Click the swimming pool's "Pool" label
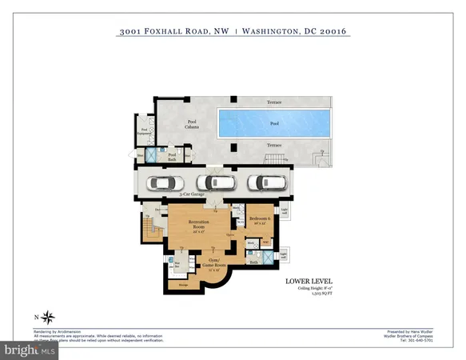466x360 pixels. click(x=274, y=124)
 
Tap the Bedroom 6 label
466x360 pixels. click(x=257, y=218)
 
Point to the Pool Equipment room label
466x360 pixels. click(x=145, y=132)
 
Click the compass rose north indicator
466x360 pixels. click(x=47, y=315)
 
